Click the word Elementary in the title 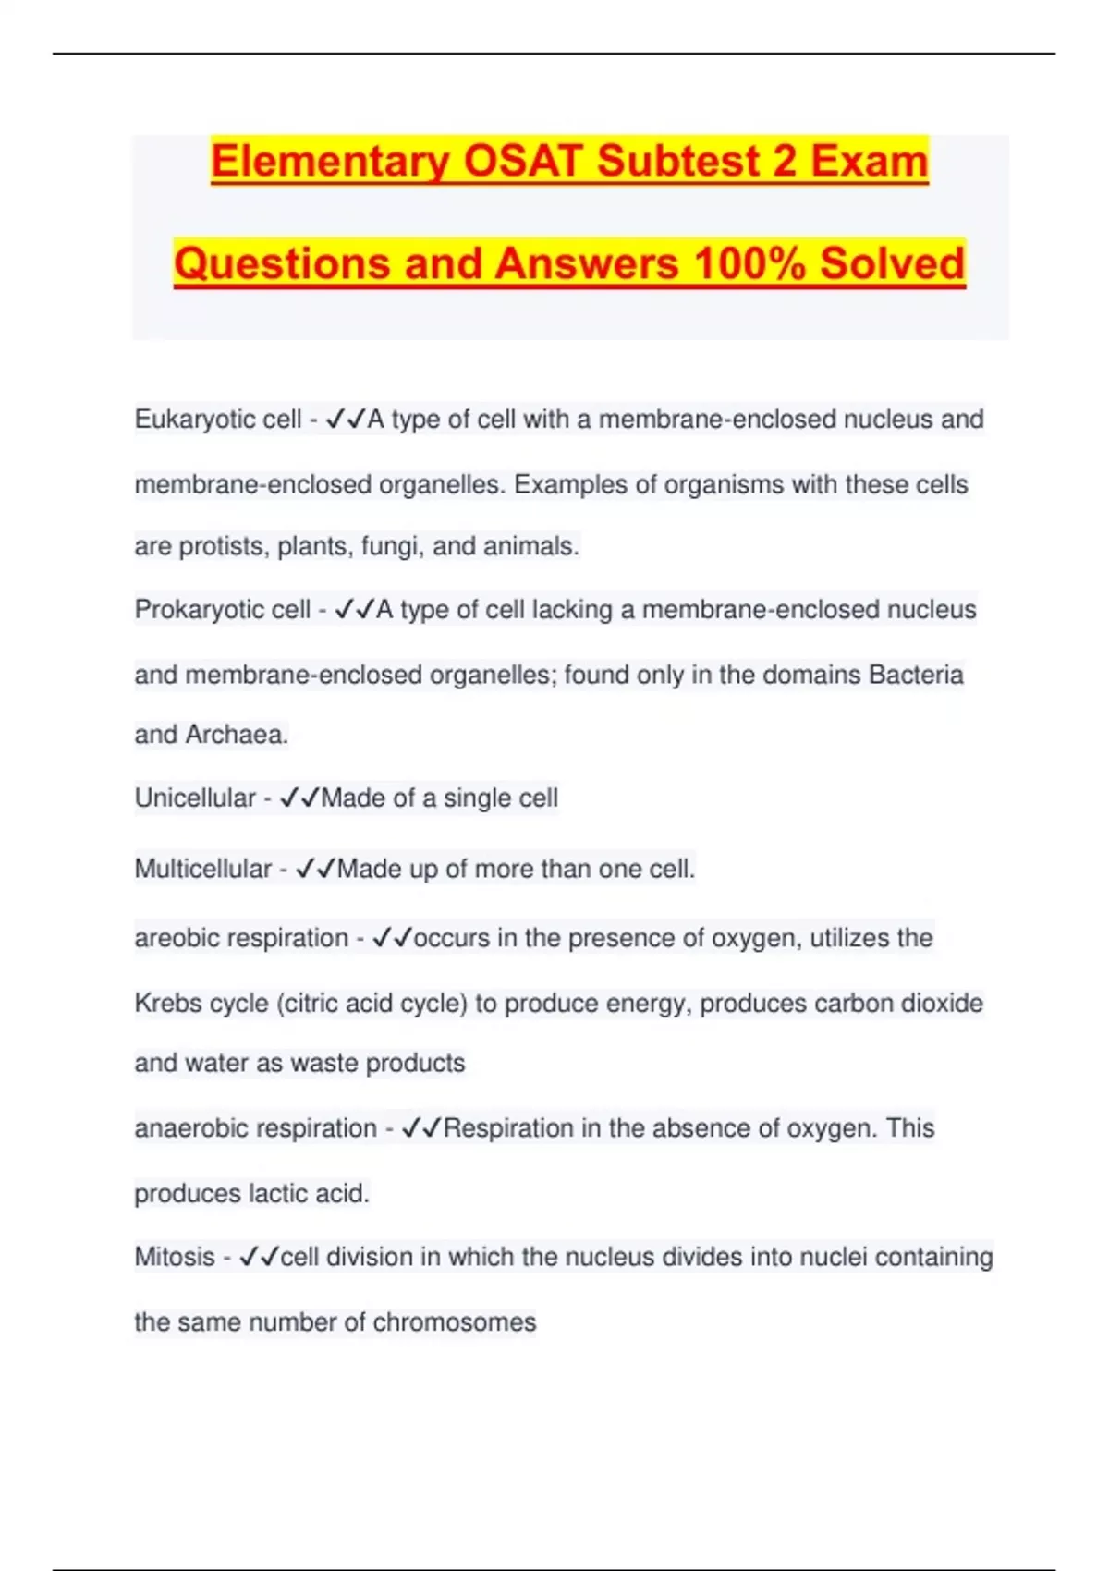pos(330,162)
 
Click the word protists pos(220,546)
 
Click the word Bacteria pos(916,675)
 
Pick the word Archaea pos(237,735)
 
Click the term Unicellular pos(195,798)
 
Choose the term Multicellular pos(203,869)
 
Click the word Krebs pos(167,1003)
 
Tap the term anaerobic pos(189,1128)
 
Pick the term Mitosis pos(175,1257)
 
